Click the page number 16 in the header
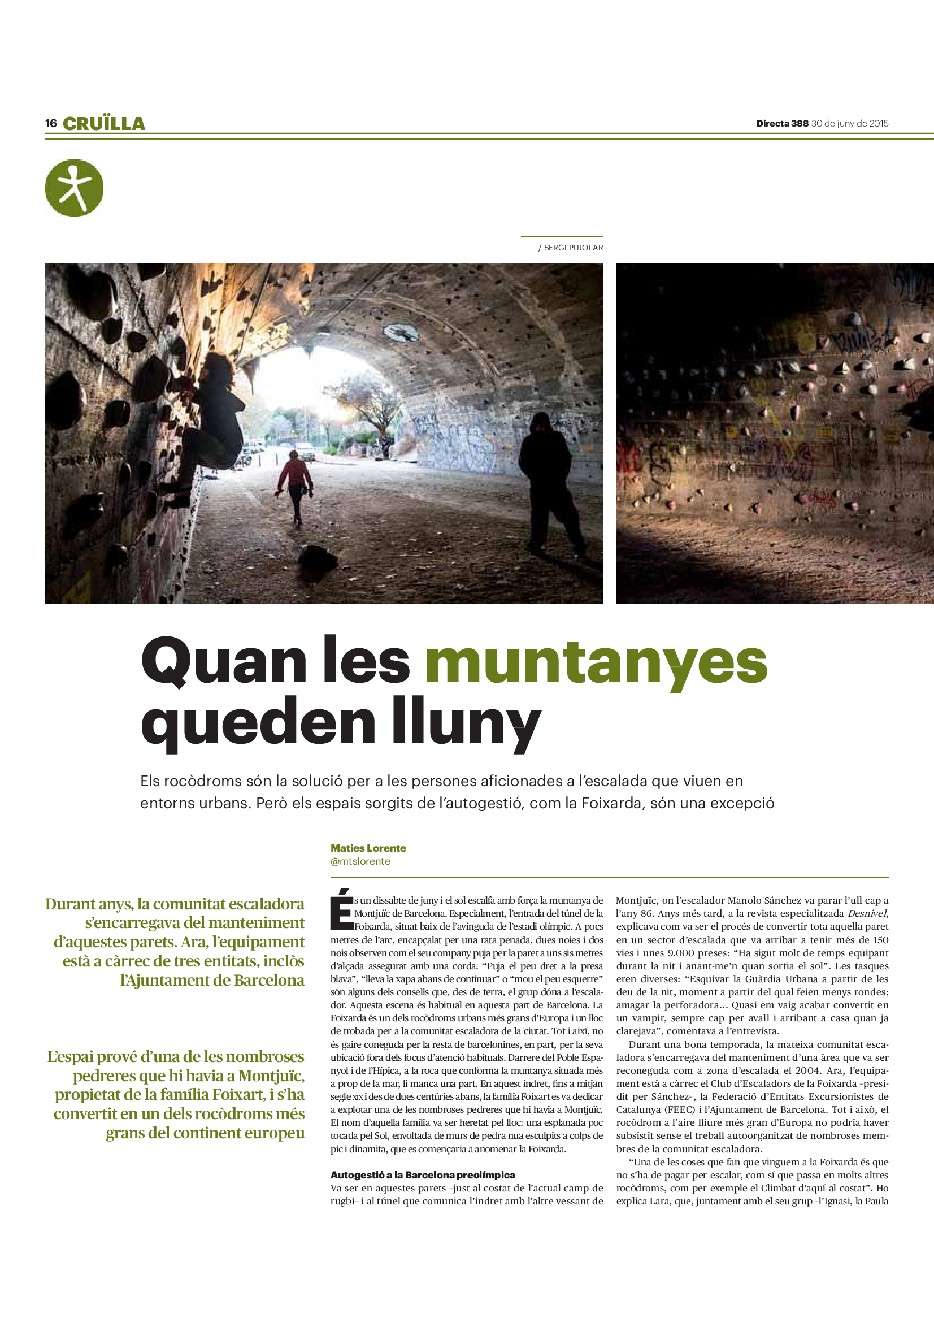coord(51,123)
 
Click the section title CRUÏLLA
coord(104,124)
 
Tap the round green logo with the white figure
coord(74,188)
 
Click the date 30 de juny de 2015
coord(850,123)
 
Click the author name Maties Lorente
coord(368,848)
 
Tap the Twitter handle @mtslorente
coord(360,861)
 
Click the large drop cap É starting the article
coord(341,911)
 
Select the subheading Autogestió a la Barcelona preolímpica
coord(423,1174)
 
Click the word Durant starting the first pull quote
coord(73,904)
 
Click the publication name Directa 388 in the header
coord(782,123)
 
